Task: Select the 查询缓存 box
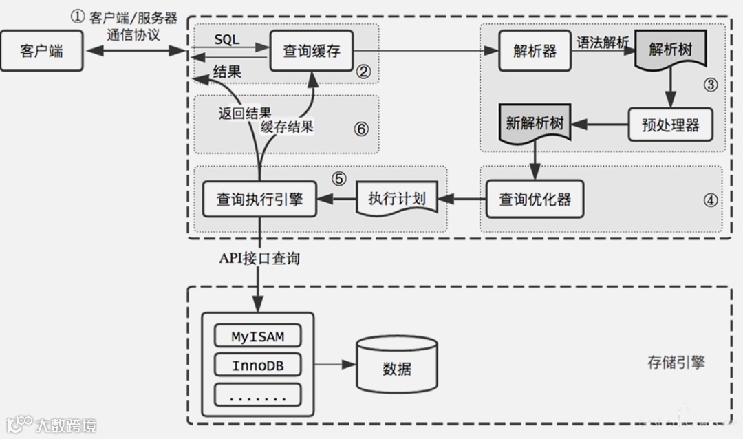coord(312,51)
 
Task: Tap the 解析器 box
coord(535,51)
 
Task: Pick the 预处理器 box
coord(669,125)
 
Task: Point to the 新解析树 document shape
coord(535,125)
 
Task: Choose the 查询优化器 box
coord(535,200)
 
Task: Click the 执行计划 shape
coord(396,200)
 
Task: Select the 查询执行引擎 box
coord(259,200)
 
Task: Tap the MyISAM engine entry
coord(257,336)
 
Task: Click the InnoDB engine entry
coord(257,365)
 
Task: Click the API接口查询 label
coord(259,259)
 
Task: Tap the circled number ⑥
coord(361,129)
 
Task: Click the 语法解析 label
coord(603,43)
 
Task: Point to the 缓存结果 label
coord(287,127)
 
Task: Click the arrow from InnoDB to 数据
coord(329,365)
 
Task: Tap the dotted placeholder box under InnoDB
coord(257,395)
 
